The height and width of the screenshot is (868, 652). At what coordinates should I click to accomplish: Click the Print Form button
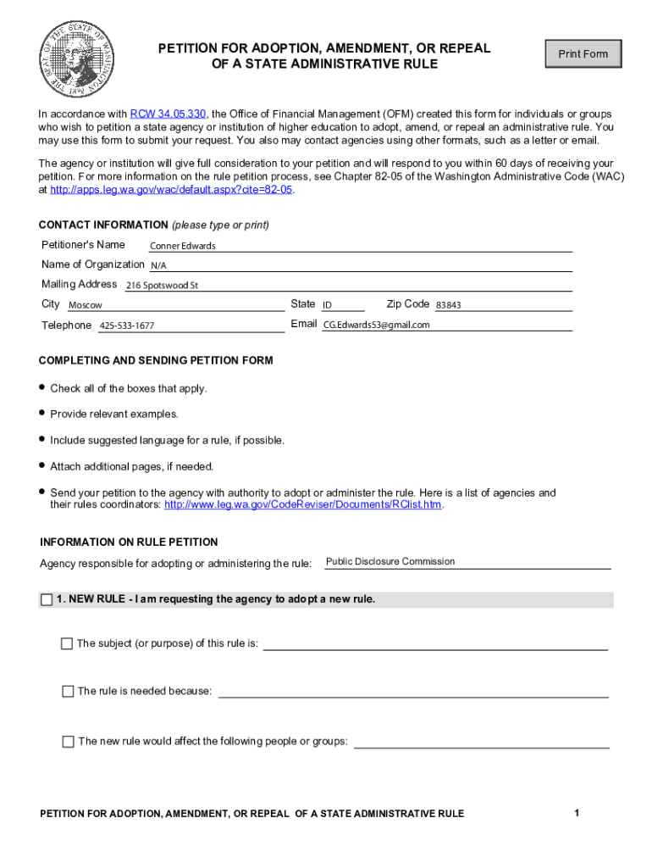583,54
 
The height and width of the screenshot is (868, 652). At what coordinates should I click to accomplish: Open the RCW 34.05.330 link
169,114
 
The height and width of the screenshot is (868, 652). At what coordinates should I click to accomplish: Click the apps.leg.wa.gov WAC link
171,190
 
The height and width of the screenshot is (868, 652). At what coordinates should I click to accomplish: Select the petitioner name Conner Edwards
182,246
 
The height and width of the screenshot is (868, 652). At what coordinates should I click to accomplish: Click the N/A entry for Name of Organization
158,265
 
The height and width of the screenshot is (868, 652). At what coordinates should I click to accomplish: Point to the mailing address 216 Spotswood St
162,286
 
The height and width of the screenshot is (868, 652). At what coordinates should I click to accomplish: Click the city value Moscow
86,305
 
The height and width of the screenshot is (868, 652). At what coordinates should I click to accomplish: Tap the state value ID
327,305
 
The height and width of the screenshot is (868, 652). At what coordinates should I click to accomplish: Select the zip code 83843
449,305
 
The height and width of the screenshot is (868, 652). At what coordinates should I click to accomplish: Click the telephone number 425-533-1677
127,326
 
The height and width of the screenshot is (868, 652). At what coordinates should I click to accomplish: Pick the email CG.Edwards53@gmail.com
377,325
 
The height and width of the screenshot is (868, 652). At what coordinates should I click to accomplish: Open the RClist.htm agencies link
302,505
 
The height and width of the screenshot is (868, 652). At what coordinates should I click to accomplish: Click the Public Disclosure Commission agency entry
390,561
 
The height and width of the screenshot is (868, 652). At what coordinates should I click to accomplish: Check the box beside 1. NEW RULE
47,600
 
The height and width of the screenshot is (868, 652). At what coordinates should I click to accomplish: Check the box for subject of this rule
67,643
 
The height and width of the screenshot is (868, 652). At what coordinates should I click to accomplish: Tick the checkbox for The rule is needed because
68,692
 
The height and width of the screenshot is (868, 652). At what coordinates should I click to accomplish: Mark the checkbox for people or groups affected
68,742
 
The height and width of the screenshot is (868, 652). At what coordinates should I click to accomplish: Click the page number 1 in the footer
576,814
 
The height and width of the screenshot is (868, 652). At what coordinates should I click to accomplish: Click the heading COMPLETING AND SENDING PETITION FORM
156,361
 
